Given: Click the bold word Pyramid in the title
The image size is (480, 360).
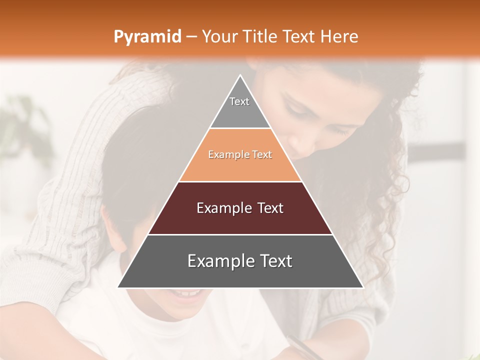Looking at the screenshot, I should point(147,37).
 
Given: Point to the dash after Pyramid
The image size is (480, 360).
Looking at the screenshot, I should point(191,37).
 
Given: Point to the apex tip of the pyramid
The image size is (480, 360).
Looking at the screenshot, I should point(240,76).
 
